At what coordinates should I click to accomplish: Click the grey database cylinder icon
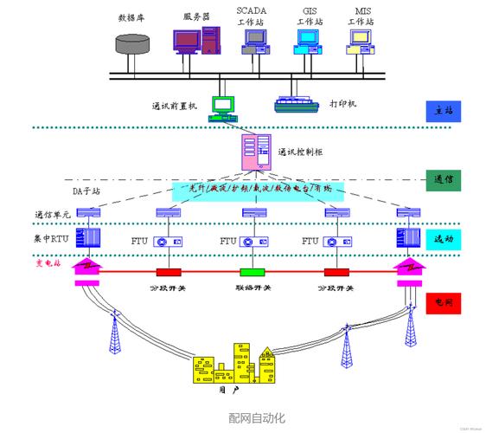[132, 45]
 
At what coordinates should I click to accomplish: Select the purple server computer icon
[195, 42]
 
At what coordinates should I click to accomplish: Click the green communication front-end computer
[223, 105]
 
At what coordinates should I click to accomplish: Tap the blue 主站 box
[444, 111]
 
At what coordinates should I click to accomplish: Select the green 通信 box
[444, 180]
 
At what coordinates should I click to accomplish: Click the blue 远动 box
[444, 238]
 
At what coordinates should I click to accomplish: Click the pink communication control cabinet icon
[257, 152]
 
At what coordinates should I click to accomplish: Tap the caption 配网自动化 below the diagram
[257, 418]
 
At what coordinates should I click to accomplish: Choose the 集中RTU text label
[54, 237]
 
